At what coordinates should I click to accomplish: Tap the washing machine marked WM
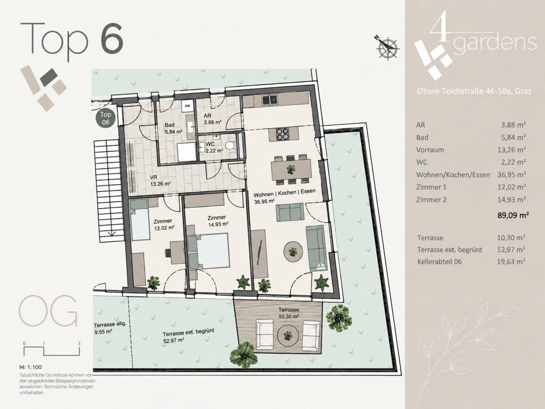[187, 106]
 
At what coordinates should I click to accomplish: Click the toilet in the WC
[230, 146]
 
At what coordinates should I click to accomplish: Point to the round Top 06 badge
[106, 119]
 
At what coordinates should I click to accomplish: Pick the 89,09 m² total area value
[513, 215]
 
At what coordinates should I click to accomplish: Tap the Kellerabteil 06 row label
[439, 262]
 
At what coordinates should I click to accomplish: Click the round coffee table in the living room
[293, 251]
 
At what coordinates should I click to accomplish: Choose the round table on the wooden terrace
[288, 335]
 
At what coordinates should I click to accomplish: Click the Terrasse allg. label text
[110, 325]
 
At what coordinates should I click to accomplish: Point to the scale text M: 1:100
[30, 367]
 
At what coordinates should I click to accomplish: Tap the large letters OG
[48, 311]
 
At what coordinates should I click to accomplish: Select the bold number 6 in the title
[112, 37]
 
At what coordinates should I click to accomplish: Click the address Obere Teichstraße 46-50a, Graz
[474, 91]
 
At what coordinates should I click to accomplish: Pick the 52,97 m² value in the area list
[511, 249]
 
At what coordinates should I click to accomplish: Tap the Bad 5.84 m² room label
[174, 128]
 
